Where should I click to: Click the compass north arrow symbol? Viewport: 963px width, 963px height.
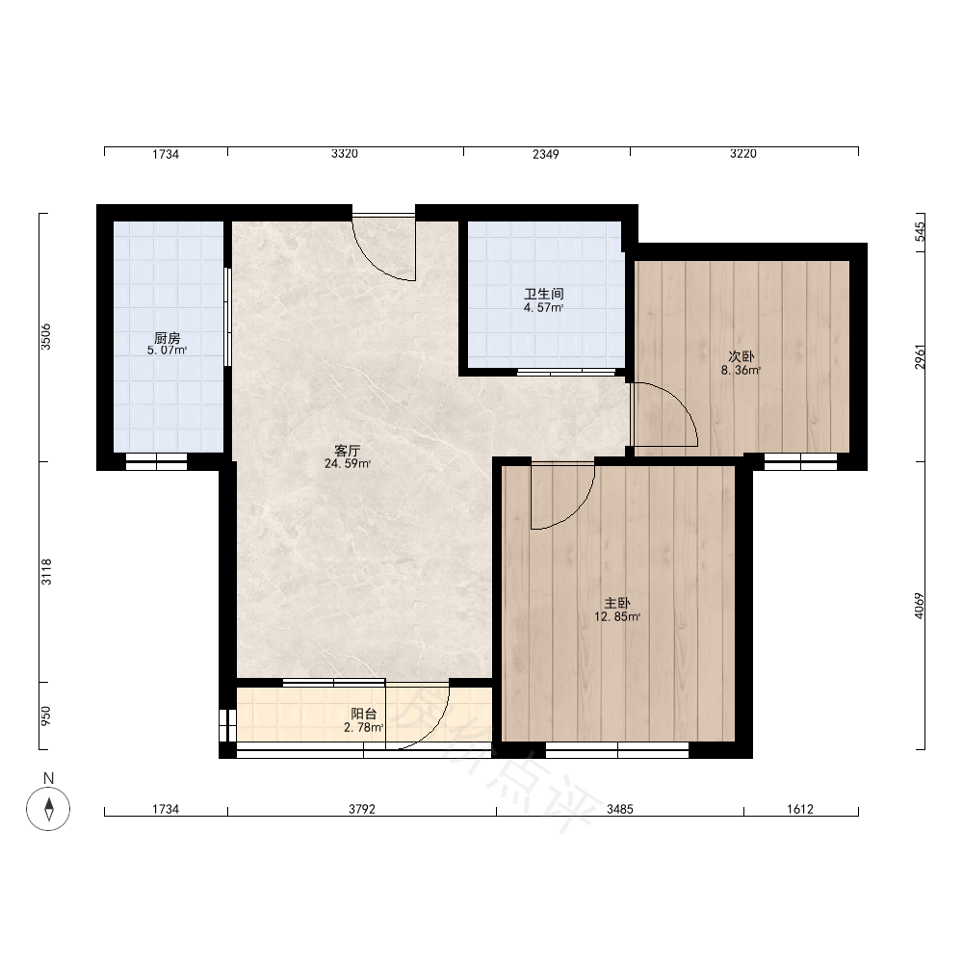48,808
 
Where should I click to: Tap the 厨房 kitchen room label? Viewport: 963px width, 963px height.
167,338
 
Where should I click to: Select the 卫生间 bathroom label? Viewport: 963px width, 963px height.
543,294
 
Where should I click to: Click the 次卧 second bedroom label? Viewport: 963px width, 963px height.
742,356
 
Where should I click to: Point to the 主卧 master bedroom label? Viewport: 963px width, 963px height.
617,603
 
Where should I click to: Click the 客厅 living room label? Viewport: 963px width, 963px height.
347,450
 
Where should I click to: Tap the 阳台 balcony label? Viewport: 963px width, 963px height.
364,714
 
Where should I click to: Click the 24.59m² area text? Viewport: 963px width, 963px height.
348,464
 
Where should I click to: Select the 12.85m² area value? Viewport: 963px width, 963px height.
617,617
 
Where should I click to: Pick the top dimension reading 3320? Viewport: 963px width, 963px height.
345,153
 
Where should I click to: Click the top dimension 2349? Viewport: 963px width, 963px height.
546,154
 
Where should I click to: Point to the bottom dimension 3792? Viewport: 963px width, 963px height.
362,810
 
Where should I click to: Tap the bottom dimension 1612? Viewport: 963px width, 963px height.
800,810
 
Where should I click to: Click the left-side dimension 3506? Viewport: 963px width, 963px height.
46,336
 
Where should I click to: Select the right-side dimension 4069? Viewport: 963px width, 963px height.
920,605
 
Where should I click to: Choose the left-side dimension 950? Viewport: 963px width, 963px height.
46,716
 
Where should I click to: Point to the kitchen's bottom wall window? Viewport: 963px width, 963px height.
157,462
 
